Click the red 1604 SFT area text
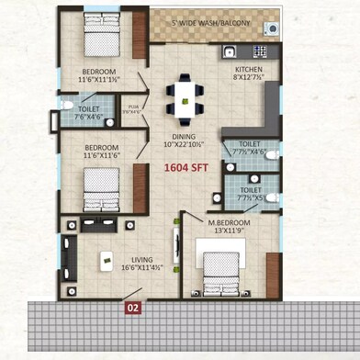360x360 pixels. tap(185, 168)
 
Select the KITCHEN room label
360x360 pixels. tap(249, 70)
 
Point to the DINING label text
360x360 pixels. tap(180, 135)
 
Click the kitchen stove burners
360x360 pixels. tap(261, 51)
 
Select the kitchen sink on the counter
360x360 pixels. tap(230, 51)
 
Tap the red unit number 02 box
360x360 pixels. tap(133, 309)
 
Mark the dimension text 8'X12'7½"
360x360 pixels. tap(249, 78)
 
